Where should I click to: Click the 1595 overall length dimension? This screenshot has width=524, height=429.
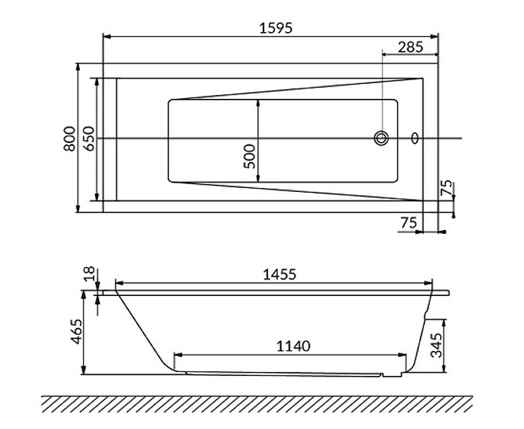coord(271,27)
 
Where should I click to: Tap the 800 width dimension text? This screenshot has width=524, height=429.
coord(69,139)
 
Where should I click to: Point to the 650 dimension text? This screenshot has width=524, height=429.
coord(89,139)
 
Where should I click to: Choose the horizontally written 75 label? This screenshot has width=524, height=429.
coord(408,223)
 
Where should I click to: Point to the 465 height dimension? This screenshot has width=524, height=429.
coord(76,333)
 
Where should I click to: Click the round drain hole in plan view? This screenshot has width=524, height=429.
coord(381,138)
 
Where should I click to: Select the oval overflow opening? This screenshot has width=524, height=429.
coord(414,138)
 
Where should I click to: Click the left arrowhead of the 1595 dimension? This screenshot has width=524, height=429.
coord(107,35)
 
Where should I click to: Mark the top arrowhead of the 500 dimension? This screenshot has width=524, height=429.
coord(258,103)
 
